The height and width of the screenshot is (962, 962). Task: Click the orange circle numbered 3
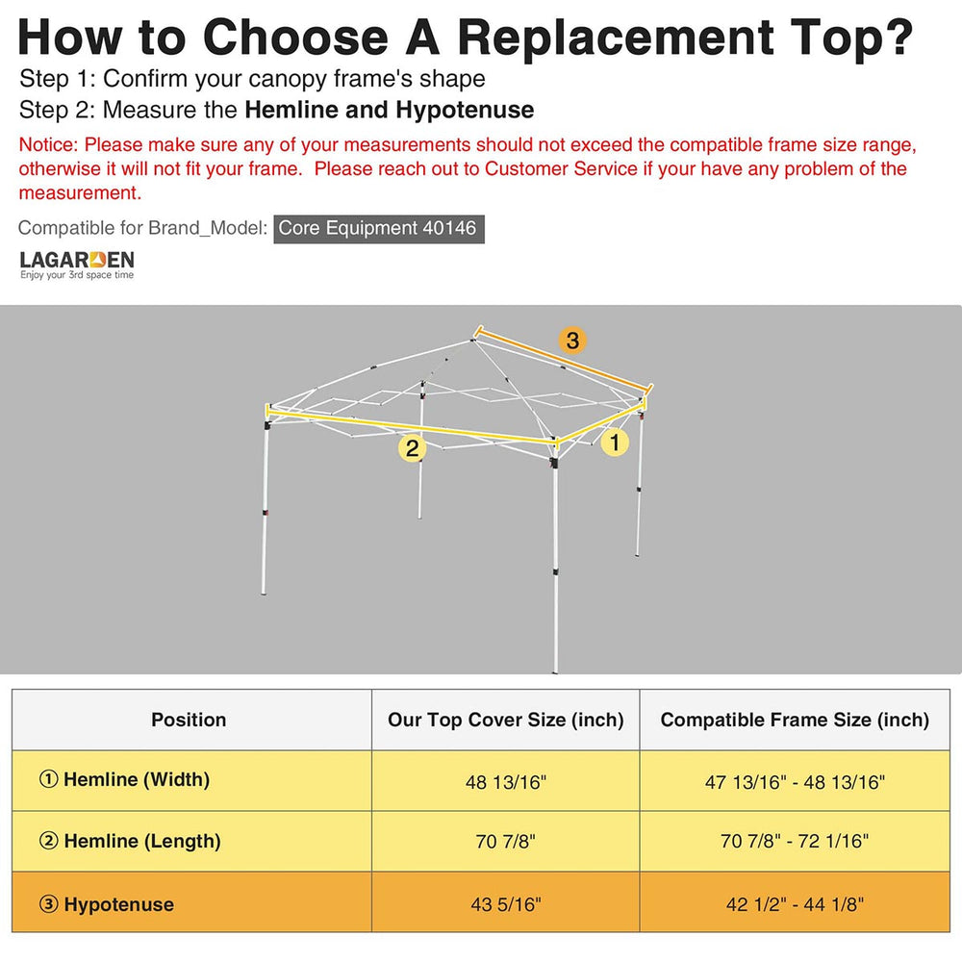(x=571, y=340)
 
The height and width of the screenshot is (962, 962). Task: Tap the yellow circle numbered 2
(x=413, y=448)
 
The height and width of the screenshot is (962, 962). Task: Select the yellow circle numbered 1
(x=615, y=442)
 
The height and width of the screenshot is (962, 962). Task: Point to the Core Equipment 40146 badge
(x=378, y=228)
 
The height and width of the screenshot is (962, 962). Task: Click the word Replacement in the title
(x=616, y=38)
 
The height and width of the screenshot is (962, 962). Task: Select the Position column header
(x=189, y=720)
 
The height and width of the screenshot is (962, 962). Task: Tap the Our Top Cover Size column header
(x=506, y=720)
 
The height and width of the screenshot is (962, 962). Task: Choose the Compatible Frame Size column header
(x=795, y=720)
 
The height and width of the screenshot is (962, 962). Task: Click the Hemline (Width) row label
(x=124, y=780)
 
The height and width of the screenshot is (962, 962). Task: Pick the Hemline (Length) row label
(x=130, y=841)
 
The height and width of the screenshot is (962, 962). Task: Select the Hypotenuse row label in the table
(x=107, y=904)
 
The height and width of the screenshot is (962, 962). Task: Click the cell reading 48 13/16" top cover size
(x=506, y=782)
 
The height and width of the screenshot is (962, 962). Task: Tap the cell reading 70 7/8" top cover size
(x=506, y=841)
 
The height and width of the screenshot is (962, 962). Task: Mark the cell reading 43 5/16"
(x=506, y=904)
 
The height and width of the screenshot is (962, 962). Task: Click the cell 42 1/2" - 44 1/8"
(x=795, y=904)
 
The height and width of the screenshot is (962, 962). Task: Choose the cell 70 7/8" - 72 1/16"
(x=795, y=841)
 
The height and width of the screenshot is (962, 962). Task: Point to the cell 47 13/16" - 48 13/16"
(x=795, y=782)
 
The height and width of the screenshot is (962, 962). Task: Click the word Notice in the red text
(x=48, y=145)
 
